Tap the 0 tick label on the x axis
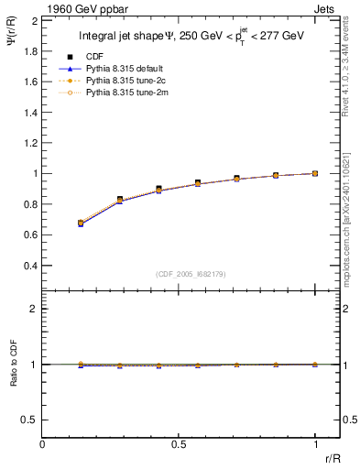[x=43, y=444]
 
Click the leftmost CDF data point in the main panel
[x=81, y=223]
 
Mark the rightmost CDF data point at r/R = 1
[x=315, y=173]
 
